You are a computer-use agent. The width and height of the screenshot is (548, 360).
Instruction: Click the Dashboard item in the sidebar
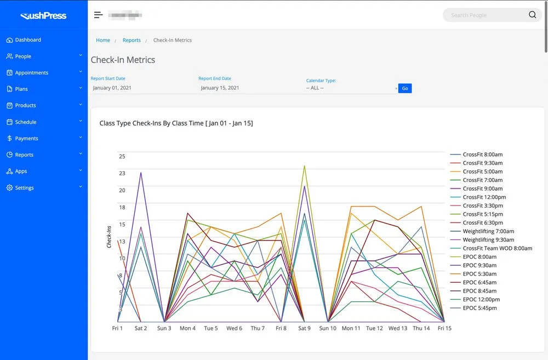27,40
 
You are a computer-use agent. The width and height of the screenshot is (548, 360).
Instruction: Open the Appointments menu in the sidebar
31,73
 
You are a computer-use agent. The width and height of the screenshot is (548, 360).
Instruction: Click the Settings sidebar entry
24,188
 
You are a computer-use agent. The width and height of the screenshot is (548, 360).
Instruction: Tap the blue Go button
405,88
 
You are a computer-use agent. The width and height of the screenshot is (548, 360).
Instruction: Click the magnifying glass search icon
532,15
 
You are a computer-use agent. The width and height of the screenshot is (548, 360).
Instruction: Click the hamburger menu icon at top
98,15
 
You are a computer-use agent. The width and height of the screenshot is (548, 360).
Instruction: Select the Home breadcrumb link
103,41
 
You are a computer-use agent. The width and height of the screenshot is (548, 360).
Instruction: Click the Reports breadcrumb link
132,41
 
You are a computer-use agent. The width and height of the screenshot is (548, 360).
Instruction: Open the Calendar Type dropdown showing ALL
351,88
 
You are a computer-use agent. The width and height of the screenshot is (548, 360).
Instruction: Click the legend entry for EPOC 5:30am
480,274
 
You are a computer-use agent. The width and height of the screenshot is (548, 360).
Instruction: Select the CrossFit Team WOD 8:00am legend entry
497,248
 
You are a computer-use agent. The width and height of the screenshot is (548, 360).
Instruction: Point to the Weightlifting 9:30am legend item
488,240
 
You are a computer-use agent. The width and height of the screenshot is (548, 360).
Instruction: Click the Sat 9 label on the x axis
304,328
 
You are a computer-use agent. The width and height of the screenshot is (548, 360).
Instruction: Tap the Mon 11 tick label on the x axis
351,328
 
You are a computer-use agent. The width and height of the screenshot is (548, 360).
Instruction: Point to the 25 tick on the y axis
122,157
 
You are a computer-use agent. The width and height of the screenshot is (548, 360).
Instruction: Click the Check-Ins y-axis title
109,237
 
